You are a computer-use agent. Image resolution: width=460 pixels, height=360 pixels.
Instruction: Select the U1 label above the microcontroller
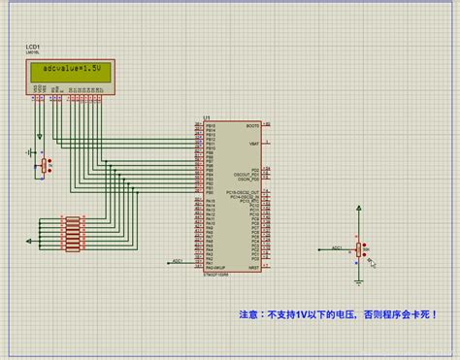207,118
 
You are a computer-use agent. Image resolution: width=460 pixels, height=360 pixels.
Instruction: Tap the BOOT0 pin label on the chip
252,126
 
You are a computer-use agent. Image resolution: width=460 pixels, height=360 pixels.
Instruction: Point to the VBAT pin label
254,144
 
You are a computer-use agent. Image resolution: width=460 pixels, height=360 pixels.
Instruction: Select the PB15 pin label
211,126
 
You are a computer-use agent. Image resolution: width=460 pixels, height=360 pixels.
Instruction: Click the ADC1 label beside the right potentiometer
337,247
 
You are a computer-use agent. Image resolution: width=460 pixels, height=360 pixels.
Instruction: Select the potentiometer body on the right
360,250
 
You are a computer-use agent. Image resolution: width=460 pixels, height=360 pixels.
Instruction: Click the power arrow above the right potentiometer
359,209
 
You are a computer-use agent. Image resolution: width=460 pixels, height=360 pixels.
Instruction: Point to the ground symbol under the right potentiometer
359,282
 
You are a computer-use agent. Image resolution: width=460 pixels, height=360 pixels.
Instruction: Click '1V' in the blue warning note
303,315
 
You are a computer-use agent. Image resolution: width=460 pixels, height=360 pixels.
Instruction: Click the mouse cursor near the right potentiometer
372,260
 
